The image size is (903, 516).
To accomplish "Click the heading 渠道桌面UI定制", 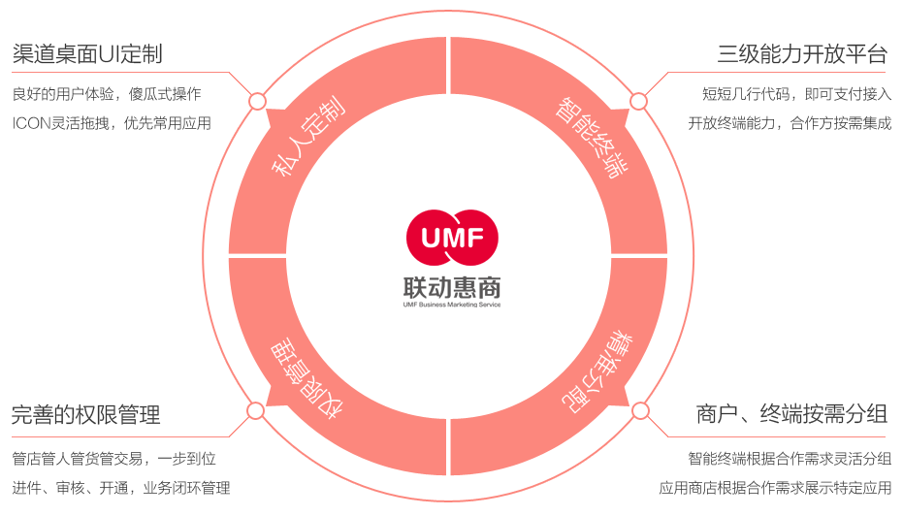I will [x=87, y=53].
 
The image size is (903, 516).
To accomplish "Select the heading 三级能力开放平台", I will [x=802, y=53].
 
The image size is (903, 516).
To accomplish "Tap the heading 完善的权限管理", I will [x=86, y=416].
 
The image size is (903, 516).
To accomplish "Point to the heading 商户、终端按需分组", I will [x=791, y=415].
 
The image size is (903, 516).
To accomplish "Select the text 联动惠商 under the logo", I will [x=451, y=286].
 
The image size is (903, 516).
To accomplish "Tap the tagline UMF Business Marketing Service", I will [x=451, y=305].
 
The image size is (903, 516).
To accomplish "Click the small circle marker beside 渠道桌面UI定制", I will [x=257, y=101].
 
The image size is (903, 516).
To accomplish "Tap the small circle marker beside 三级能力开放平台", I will [x=638, y=101].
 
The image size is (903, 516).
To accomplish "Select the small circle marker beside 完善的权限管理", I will [x=257, y=410].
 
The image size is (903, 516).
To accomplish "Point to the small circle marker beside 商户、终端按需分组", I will [x=639, y=410].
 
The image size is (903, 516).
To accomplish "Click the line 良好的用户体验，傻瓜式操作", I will [x=107, y=94].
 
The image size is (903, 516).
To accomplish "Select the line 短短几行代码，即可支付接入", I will [x=797, y=94].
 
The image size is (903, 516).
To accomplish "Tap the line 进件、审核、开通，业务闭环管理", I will [x=121, y=488].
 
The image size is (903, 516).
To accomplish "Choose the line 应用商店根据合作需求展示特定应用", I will [x=776, y=488].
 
